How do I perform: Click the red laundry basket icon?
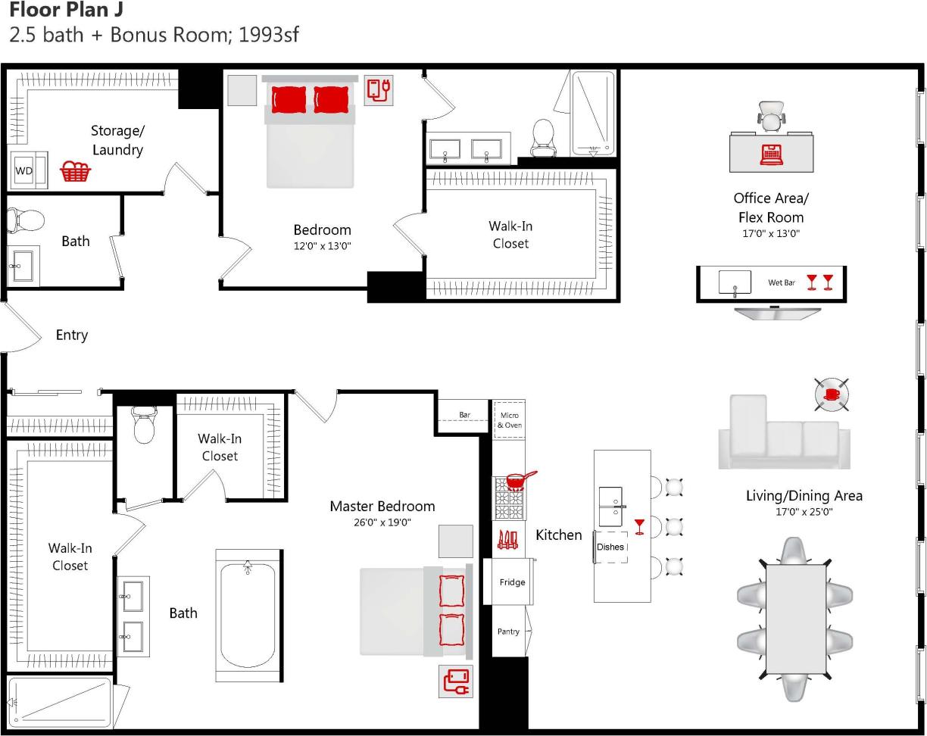coord(75,172)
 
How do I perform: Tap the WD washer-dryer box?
coord(24,170)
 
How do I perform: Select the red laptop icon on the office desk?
coord(771,154)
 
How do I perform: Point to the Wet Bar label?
coord(782,283)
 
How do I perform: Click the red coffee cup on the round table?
coord(831,394)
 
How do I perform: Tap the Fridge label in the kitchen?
coord(512,582)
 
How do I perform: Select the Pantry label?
coord(508,632)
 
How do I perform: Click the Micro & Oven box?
coord(509,420)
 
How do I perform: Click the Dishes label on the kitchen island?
coord(610,547)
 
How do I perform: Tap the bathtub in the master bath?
coord(248,614)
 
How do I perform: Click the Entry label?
coord(72,335)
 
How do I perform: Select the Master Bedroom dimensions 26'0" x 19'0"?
coord(382,522)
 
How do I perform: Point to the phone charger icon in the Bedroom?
coord(379,90)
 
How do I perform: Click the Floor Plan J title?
coord(65,11)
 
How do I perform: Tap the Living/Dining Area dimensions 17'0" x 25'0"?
coord(804,512)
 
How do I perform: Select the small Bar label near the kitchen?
coord(464,415)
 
